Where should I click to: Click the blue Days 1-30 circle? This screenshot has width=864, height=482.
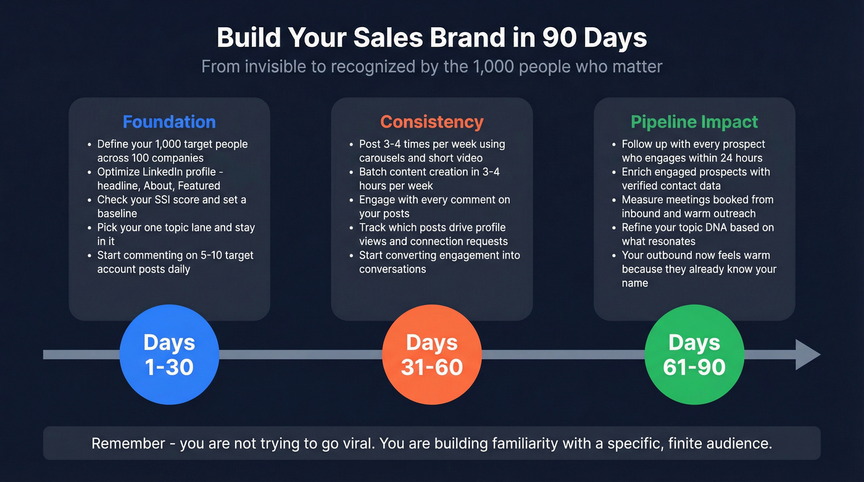tap(169, 354)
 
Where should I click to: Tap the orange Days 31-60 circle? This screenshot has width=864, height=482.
tap(431, 354)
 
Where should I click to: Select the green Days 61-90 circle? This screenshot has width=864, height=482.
tap(694, 354)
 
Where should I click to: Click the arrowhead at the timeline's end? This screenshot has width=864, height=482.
tap(807, 354)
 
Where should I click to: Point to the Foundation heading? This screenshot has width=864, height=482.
tap(169, 122)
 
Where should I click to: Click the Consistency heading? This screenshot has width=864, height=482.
tap(431, 122)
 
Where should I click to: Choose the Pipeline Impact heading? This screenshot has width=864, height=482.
tap(694, 122)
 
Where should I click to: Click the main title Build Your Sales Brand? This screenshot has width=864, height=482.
tap(431, 38)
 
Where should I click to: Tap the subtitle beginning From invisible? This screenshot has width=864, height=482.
tap(431, 67)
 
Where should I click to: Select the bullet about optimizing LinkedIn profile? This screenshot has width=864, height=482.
tap(163, 178)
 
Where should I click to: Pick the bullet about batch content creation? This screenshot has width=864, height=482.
tap(428, 178)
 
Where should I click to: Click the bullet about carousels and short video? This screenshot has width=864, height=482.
tap(431, 151)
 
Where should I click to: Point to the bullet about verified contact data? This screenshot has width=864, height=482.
tap(695, 178)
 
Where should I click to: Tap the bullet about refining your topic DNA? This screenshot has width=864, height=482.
tap(697, 234)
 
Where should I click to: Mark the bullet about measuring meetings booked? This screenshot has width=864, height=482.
tap(697, 206)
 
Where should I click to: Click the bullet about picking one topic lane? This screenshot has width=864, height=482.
tap(175, 234)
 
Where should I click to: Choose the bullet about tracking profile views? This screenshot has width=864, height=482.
tap(433, 234)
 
